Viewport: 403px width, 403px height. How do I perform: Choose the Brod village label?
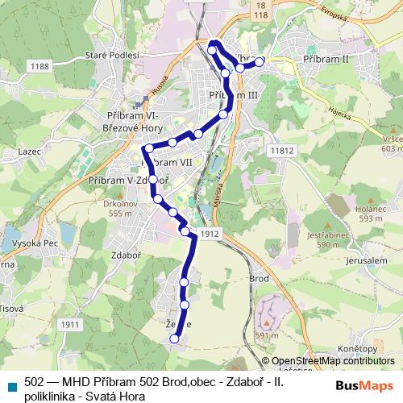260,277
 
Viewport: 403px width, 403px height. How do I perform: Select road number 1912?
211,234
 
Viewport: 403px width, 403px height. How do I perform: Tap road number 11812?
282,151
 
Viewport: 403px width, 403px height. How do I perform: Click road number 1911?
71,324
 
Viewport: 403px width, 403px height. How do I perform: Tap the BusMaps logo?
363,385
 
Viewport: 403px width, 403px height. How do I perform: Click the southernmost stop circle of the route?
174,339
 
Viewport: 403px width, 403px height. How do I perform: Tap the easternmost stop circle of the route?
260,61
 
